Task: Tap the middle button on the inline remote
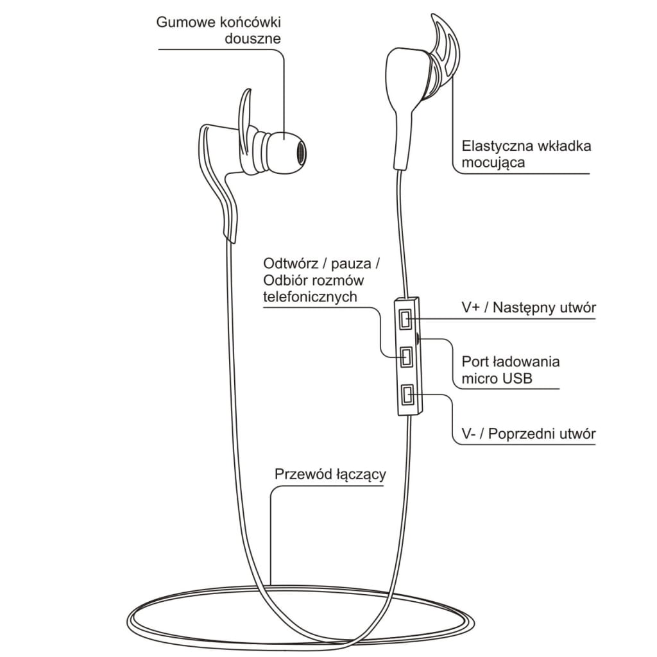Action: (x=406, y=357)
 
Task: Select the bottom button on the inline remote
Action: (x=406, y=396)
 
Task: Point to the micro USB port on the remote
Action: (x=419, y=337)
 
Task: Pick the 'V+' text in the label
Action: (x=472, y=308)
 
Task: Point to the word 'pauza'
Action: (x=349, y=264)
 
